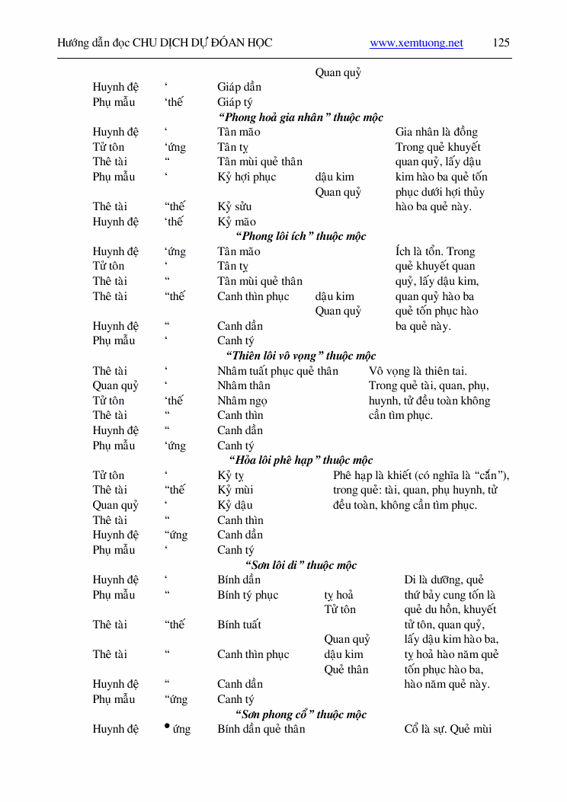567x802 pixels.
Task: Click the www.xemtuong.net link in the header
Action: coord(416,43)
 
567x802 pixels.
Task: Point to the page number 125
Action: coord(501,43)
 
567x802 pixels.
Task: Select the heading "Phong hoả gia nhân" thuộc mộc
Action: coord(300,117)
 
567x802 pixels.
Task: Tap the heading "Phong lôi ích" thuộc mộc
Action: coord(300,236)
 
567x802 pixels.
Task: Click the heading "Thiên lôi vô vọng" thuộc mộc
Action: coord(300,356)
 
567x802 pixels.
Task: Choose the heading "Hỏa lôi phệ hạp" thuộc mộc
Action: coord(300,460)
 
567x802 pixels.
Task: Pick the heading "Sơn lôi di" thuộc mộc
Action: coord(300,565)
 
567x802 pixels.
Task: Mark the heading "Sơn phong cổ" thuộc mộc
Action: coord(300,714)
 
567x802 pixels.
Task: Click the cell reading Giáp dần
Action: coord(239,87)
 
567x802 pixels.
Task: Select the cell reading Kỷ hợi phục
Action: coord(246,177)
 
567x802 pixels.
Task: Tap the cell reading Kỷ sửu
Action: coord(234,206)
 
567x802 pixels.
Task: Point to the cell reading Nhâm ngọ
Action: coord(243,401)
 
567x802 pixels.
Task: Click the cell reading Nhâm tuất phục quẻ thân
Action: coord(277,371)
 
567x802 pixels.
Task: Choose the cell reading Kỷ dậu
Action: coord(235,505)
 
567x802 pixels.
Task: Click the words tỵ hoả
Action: coord(338,595)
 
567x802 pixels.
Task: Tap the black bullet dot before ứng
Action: coord(167,726)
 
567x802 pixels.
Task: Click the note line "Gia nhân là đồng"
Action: coord(437,132)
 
